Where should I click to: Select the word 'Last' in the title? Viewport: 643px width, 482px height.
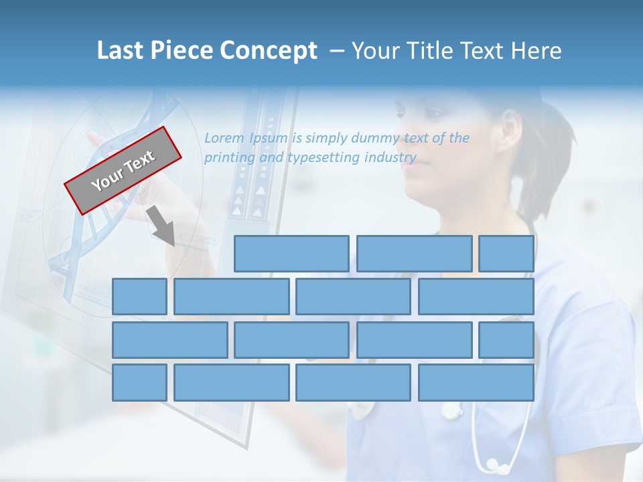tap(121, 51)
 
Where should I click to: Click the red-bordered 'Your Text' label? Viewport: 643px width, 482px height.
tap(123, 171)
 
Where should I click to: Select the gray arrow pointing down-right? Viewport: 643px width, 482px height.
tap(161, 226)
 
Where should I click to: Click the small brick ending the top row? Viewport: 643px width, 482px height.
tap(506, 254)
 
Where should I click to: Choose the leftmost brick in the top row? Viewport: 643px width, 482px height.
tap(291, 254)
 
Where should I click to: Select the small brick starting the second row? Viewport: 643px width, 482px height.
tap(139, 297)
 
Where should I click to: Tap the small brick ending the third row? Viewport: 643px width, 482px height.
tap(506, 340)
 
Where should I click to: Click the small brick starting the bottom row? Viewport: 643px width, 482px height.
tap(139, 383)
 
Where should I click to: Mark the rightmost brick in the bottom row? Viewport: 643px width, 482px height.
tap(476, 383)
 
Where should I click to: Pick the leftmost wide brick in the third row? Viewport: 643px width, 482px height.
tap(169, 340)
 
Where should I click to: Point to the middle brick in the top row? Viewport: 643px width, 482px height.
tap(414, 254)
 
